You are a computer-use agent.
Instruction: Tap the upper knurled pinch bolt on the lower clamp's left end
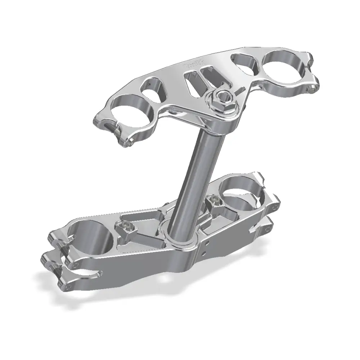(x=60, y=245)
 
